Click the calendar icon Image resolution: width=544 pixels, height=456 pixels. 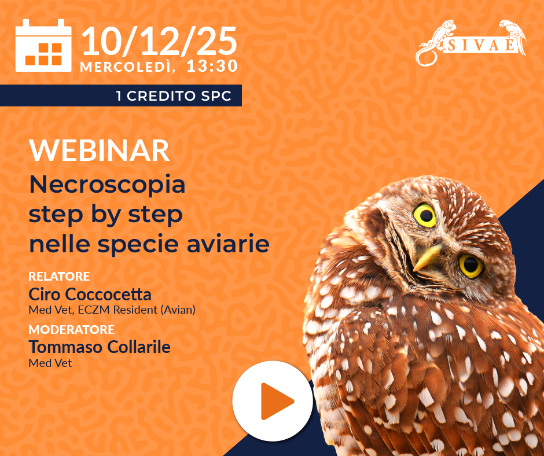point(43,46)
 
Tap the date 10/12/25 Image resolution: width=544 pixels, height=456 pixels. point(159,41)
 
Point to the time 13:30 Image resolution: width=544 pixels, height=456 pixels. point(212,66)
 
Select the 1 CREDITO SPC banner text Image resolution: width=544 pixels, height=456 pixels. point(174,96)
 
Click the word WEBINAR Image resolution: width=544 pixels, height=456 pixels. point(100,150)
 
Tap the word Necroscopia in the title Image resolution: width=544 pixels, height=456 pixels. point(107,186)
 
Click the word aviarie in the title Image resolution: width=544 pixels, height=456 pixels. point(228,244)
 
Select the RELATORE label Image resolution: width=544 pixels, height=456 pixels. point(59,276)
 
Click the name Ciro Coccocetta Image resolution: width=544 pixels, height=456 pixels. point(90,295)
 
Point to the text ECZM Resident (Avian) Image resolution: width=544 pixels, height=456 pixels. point(137,310)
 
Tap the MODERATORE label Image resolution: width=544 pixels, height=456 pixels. point(71,329)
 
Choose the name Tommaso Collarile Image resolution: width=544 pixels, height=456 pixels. point(100,347)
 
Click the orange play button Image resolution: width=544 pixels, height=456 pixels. point(273,401)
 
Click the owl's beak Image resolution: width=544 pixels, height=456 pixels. point(427,257)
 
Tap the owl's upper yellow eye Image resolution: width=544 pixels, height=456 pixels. point(425,215)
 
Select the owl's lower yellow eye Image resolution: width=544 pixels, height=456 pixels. point(471,266)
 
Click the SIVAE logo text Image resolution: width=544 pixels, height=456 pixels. point(481,45)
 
